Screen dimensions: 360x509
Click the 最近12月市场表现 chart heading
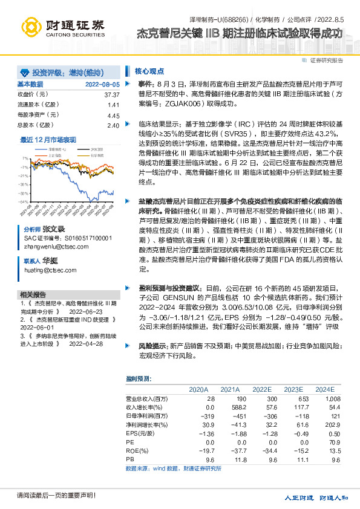pos(48,139)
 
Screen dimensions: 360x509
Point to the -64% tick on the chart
pos(23,201)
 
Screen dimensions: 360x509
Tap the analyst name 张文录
pos(53,230)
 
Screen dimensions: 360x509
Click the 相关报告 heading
pos(33,293)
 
